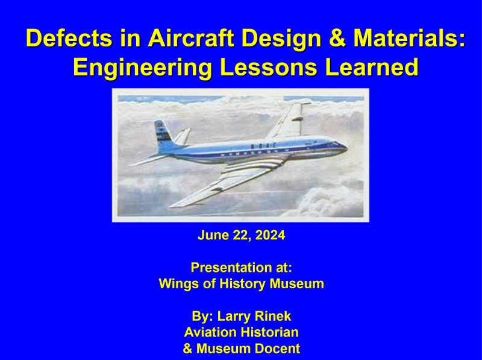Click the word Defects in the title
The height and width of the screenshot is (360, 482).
69,38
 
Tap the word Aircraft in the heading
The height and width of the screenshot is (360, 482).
191,38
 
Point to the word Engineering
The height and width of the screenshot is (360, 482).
143,68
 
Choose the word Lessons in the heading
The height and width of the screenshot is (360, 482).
269,67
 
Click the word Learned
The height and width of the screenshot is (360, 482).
372,67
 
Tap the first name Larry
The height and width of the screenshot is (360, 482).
233,317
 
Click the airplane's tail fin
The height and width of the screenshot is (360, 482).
163,136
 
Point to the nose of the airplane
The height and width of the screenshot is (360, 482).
344,148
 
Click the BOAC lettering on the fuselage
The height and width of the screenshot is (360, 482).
263,145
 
